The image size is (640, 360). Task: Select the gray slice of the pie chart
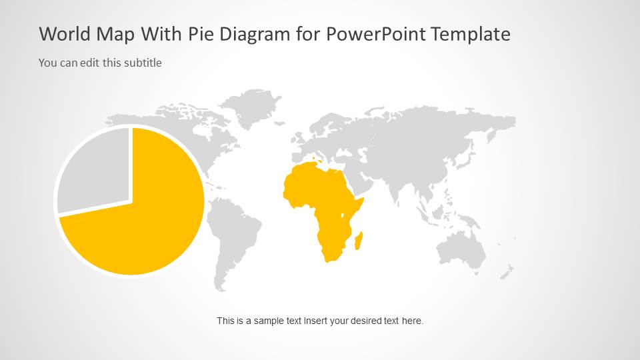point(93,170)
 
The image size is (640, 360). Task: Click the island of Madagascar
point(359,240)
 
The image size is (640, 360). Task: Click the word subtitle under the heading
point(143,63)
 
